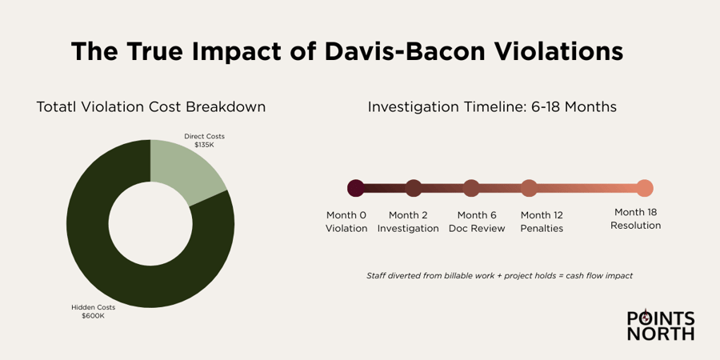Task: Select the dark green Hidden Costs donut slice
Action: (x=104, y=256)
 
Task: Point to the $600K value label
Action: (x=93, y=316)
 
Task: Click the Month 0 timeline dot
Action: (x=356, y=188)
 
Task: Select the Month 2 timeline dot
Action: (x=414, y=188)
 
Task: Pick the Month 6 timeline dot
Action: (x=471, y=188)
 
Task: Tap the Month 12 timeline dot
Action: (x=529, y=188)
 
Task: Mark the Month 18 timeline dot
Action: (x=645, y=188)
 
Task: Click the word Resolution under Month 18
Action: (x=636, y=226)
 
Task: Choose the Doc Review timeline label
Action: (x=477, y=229)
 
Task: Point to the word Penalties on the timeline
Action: (x=542, y=229)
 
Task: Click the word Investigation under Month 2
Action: (x=408, y=229)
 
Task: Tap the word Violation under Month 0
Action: (x=346, y=229)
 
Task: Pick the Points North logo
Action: (x=661, y=326)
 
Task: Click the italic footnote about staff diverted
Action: (x=499, y=275)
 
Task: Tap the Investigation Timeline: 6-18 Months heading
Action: (x=492, y=106)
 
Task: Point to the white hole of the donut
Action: (x=150, y=224)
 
